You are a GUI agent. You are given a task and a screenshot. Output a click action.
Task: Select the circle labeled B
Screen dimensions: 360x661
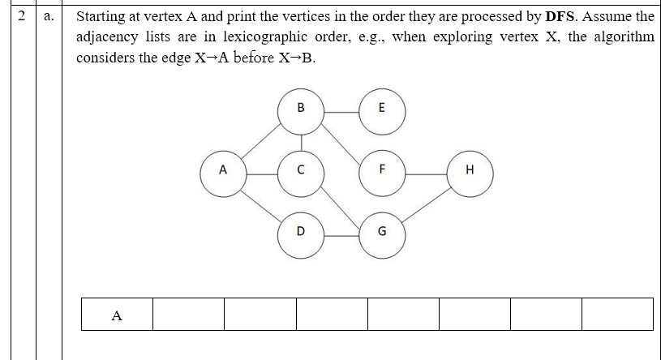[x=301, y=109]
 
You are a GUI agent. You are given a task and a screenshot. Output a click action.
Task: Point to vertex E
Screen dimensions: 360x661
[x=382, y=109]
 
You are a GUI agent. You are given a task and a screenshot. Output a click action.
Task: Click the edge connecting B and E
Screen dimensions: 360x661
[x=341, y=109]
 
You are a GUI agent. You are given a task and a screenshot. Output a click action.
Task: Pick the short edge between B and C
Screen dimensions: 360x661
[x=301, y=141]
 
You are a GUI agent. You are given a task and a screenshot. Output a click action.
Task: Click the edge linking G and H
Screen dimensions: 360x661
[x=427, y=202]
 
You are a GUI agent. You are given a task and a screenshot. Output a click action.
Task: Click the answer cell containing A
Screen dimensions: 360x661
[x=117, y=315]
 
